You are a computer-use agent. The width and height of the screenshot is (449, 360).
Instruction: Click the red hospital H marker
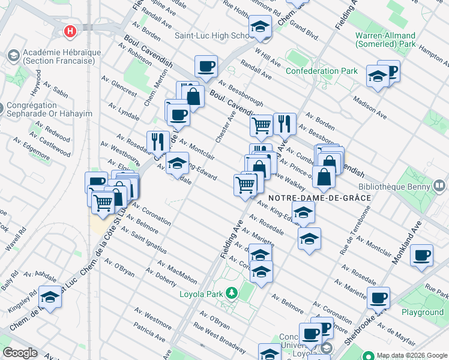pos(71,30)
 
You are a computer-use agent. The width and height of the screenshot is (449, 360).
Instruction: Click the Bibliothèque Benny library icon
pos(441,186)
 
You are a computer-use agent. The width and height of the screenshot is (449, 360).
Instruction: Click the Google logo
pos(19,353)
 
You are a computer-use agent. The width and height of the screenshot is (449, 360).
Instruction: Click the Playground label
pos(423,312)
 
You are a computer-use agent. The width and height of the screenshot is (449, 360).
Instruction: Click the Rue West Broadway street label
pos(211,335)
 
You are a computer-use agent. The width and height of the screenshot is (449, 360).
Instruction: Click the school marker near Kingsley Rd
pos(50,298)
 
